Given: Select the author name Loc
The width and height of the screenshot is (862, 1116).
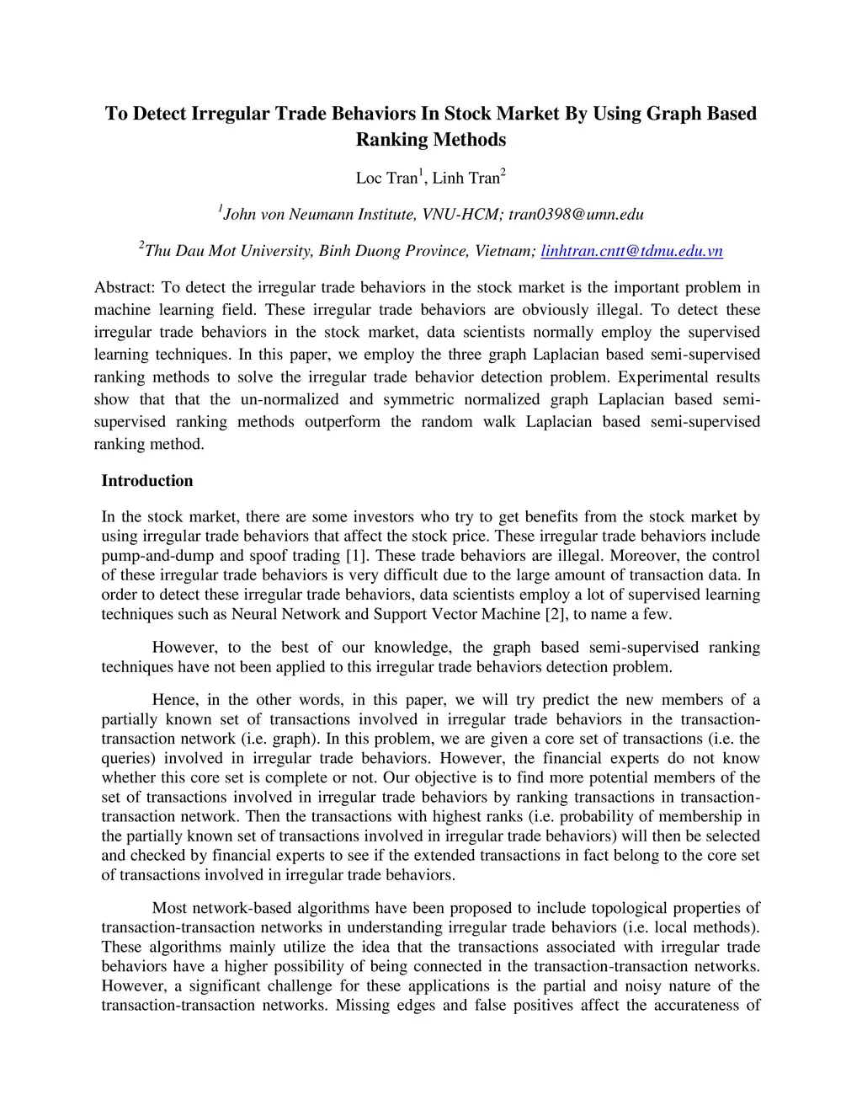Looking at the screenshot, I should (x=369, y=178).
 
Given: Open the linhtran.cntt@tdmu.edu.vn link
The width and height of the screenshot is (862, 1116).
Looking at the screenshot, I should (x=631, y=251).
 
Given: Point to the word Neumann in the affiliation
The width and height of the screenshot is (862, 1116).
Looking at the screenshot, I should (x=322, y=214).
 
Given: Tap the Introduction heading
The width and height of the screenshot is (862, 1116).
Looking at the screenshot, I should (x=147, y=481).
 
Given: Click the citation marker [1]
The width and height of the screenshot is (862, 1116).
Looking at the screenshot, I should (x=354, y=556).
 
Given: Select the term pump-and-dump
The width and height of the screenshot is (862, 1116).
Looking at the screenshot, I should (x=153, y=556).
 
